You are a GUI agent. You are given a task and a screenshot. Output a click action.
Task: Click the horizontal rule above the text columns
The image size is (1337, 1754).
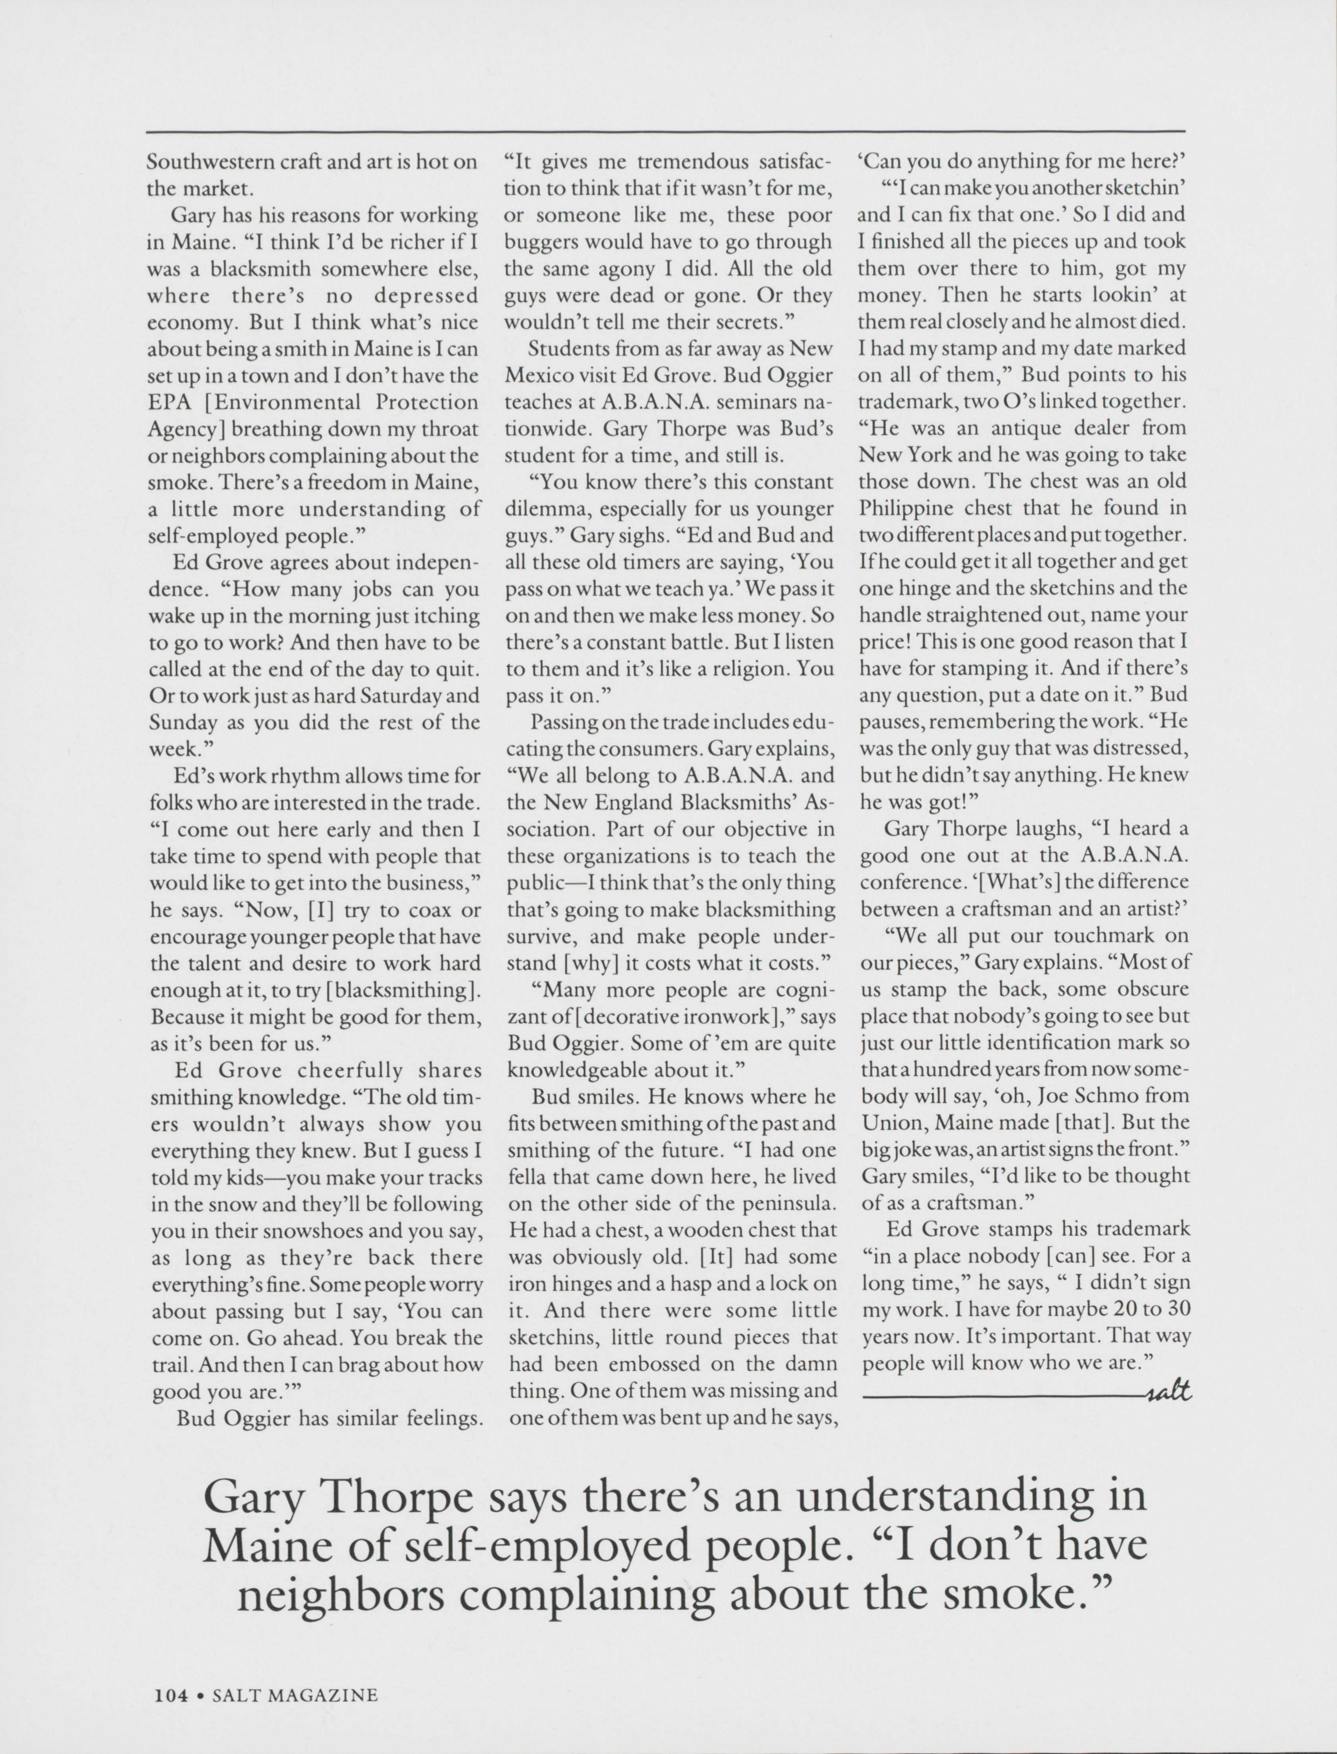click(665, 131)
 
